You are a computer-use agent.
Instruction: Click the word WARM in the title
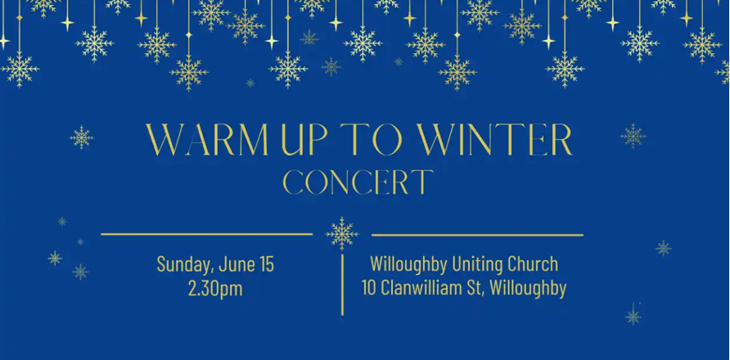click(x=207, y=139)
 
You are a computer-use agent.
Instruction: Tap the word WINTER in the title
click(x=494, y=139)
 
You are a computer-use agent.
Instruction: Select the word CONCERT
click(x=358, y=182)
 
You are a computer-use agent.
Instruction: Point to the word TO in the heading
click(x=372, y=139)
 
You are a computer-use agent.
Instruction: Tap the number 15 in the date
click(x=266, y=264)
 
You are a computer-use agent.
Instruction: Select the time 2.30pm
click(x=215, y=289)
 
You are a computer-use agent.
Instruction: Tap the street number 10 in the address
click(x=369, y=289)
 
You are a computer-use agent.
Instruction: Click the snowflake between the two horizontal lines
click(x=342, y=234)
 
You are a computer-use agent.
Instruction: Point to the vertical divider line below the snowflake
click(x=343, y=285)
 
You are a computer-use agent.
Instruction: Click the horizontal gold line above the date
click(x=207, y=234)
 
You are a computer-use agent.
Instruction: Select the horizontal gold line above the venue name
click(x=477, y=235)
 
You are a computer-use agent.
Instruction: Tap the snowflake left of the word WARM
click(x=82, y=137)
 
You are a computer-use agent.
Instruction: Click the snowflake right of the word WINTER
click(x=633, y=136)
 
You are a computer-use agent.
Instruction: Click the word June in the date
click(x=236, y=264)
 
